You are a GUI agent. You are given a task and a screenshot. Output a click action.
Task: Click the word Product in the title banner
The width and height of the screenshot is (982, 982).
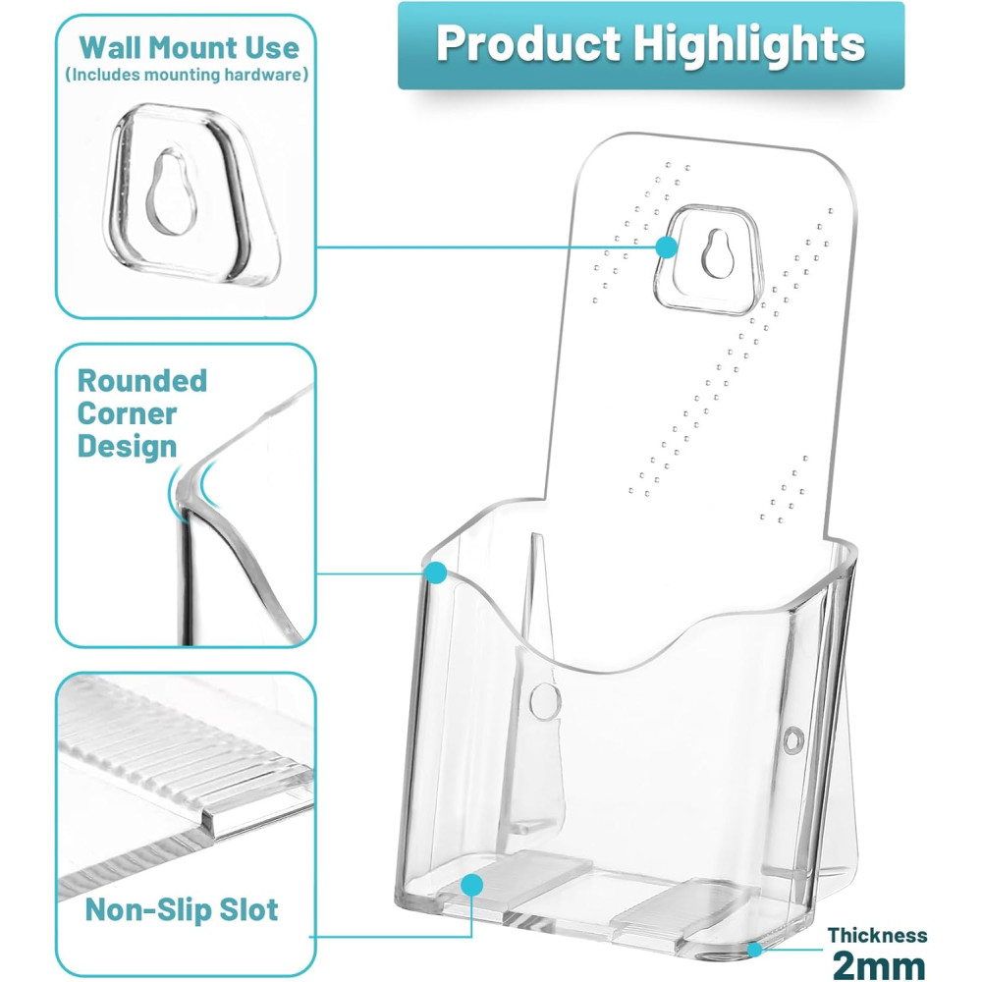(x=528, y=44)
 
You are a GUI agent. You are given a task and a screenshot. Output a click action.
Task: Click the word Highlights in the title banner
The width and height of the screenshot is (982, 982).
(x=748, y=44)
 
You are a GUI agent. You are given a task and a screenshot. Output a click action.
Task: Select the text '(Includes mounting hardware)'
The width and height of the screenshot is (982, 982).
(x=187, y=75)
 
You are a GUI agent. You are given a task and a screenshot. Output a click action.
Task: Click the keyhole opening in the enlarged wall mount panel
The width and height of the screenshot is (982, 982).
(x=170, y=192)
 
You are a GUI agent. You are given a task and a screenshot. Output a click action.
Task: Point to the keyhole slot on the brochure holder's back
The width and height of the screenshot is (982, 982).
(x=718, y=253)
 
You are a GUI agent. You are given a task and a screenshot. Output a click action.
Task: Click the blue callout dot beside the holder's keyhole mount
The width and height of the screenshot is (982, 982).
(x=667, y=246)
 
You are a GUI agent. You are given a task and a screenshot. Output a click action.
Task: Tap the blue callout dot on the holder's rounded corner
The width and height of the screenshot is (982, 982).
(x=435, y=573)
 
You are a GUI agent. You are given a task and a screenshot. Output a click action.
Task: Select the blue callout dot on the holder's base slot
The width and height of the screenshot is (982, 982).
(x=472, y=885)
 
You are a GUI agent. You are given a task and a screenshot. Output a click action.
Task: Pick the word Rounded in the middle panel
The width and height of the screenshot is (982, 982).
(x=142, y=381)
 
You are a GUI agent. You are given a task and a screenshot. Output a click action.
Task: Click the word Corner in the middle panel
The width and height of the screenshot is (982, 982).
(x=127, y=414)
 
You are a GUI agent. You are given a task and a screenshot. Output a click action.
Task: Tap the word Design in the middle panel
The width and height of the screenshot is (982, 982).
(x=127, y=447)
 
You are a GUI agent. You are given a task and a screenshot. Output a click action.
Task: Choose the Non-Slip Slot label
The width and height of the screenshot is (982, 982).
(x=182, y=910)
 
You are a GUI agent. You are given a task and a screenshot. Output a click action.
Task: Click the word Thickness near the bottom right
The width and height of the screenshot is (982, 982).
(x=877, y=935)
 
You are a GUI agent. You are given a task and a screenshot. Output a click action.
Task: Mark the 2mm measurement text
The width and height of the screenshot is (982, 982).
(x=879, y=965)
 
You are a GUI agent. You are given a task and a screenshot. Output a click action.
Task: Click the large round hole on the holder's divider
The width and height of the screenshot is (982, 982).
(x=545, y=700)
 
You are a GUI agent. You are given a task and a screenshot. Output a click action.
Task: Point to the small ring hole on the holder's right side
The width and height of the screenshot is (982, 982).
(x=793, y=741)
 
